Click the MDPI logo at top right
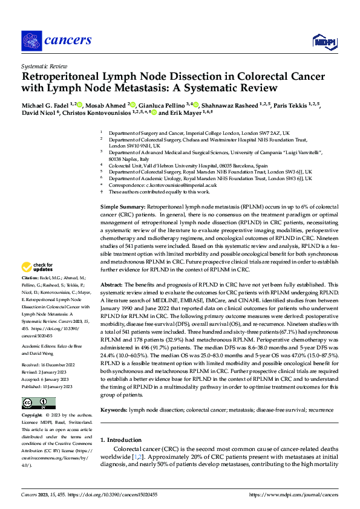point(323,41)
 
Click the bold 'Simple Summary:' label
point(122,207)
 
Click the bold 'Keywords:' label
point(114,409)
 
